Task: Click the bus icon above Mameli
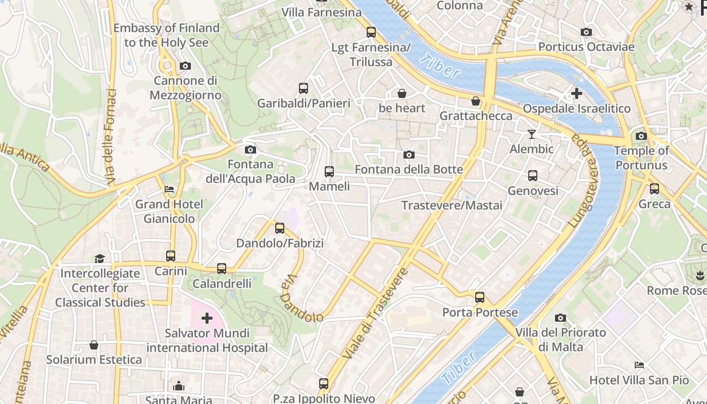click(329, 172)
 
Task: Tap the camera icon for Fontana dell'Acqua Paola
click(250, 149)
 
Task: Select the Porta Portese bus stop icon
click(480, 297)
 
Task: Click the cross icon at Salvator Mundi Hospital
click(207, 318)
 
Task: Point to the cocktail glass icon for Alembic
click(531, 134)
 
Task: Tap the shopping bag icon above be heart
click(402, 93)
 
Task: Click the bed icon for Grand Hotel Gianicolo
click(169, 189)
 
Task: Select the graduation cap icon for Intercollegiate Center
click(99, 259)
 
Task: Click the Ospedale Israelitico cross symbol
click(576, 93)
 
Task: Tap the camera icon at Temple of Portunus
click(641, 136)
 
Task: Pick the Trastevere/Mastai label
click(452, 206)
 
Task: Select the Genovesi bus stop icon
click(533, 176)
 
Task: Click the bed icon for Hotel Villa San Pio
click(639, 365)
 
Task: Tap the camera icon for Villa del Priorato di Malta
click(560, 318)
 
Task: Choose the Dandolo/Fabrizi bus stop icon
click(280, 228)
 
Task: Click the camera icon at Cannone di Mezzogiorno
click(185, 66)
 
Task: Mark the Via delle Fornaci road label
click(111, 136)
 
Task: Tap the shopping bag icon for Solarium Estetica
click(94, 345)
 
